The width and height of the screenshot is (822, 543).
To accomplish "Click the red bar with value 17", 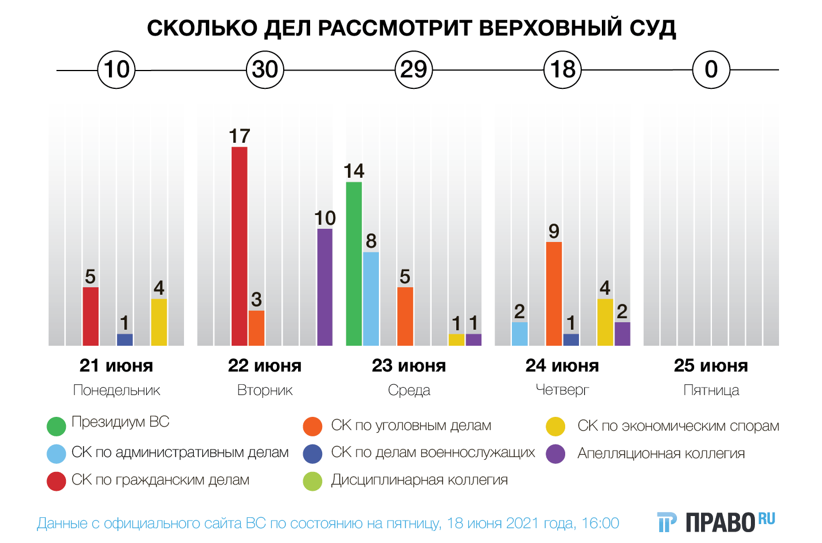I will click(x=239, y=246).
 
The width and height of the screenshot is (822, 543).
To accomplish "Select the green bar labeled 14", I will click(x=354, y=264).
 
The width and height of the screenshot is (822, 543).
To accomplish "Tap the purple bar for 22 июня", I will click(x=324, y=287).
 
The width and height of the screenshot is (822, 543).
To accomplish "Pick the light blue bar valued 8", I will click(x=371, y=299).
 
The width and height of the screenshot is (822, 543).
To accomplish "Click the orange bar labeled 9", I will click(x=554, y=294).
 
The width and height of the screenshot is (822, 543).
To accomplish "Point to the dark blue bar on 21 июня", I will click(x=124, y=339).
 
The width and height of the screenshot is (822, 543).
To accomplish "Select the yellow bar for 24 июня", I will click(x=605, y=322).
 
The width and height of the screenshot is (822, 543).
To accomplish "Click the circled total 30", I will click(x=265, y=70).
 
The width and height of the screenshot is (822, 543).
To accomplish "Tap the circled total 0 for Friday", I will click(x=711, y=70).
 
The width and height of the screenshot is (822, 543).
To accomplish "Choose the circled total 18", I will click(x=562, y=70).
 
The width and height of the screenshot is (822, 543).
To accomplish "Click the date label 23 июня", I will click(x=409, y=366).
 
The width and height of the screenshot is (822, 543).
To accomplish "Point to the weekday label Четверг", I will click(x=562, y=390).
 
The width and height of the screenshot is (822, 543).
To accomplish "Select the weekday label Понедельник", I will click(x=116, y=390).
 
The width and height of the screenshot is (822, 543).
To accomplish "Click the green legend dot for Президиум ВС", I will click(x=56, y=426).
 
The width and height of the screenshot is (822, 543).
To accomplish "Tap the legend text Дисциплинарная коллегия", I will click(x=419, y=480).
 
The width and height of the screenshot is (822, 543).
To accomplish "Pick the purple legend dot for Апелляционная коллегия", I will click(x=555, y=454).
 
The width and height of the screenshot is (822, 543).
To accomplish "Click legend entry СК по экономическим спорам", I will click(x=678, y=426).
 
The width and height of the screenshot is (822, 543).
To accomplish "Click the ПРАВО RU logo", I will click(x=717, y=522).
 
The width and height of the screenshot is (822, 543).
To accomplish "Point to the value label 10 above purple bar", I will click(x=325, y=218).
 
